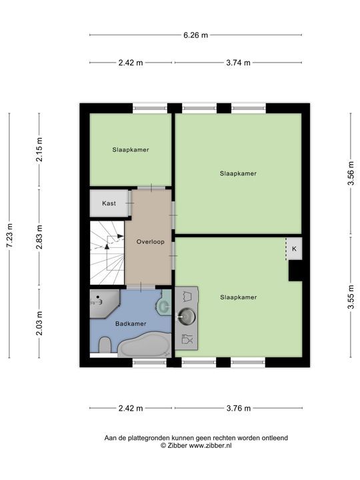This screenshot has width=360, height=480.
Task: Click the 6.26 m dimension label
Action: pyautogui.click(x=195, y=35)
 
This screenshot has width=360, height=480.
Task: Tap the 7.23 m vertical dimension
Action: pyautogui.click(x=9, y=235)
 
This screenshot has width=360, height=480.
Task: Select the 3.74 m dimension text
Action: pyautogui.click(x=238, y=63)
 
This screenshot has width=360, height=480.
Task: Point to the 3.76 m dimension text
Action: pyautogui.click(x=239, y=409)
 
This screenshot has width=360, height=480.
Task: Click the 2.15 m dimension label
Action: pyautogui.click(x=39, y=150)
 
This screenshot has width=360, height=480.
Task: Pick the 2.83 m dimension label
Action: pyautogui.click(x=39, y=237)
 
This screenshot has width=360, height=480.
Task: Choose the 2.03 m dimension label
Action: pyautogui.click(x=39, y=323)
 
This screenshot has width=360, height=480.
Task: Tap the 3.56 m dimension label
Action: pyautogui.click(x=351, y=173)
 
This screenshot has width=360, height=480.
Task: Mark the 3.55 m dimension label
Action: pyautogui.click(x=351, y=297)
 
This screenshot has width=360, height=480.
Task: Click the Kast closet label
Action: pyautogui.click(x=109, y=203)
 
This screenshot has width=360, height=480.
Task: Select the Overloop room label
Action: pyautogui.click(x=150, y=242)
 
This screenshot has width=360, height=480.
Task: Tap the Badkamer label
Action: pyautogui.click(x=131, y=323)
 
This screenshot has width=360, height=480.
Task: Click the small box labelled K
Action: pyautogui.click(x=294, y=249)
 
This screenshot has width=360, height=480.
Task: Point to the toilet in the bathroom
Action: pyautogui.click(x=105, y=345)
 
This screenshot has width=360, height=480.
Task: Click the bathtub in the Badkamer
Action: pyautogui.click(x=145, y=345)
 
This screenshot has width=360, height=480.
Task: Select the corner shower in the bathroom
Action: pyautogui.click(x=103, y=303)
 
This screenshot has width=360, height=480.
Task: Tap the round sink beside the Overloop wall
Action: pyautogui.click(x=187, y=316)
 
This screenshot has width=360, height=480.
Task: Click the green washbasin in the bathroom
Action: pyautogui.click(x=165, y=305)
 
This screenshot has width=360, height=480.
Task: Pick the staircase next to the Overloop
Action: pyautogui.click(x=107, y=253)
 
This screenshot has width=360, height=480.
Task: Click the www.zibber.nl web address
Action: pyautogui.click(x=210, y=446)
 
